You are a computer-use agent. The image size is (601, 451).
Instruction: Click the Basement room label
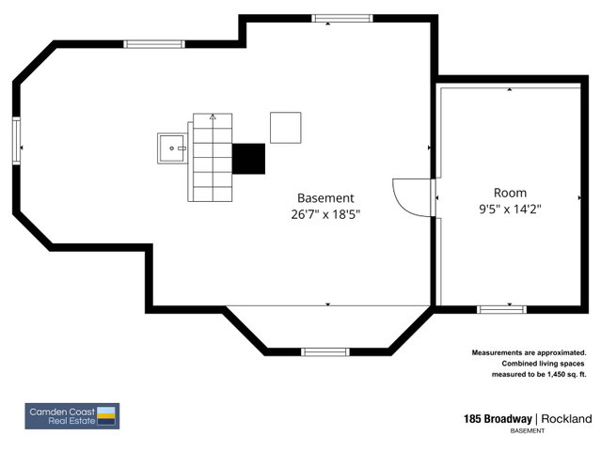325,198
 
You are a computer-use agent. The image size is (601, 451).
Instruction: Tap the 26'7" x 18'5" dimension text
325,214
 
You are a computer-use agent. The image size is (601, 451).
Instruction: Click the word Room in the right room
510,193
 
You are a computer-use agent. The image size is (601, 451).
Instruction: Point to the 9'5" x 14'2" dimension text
510,209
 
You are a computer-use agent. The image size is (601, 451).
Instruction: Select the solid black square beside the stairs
248,159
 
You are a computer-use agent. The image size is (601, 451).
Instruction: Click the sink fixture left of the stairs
172,148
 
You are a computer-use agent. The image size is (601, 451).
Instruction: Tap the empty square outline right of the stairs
286,128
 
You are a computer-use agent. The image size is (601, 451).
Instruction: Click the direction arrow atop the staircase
213,117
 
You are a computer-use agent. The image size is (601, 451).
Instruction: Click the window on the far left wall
17,141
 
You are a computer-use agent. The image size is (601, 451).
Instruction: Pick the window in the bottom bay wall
325,352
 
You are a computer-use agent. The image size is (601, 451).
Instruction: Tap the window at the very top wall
342,19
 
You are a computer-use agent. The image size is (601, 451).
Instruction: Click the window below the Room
501,309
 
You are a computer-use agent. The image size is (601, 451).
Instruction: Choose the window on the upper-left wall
154,44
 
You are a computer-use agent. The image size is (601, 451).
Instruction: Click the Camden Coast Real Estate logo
72,416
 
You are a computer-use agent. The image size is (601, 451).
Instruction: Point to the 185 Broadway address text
498,419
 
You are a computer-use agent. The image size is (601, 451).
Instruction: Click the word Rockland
566,419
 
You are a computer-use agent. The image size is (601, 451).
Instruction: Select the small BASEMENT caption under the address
528,430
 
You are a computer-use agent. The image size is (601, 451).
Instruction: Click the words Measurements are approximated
529,352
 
